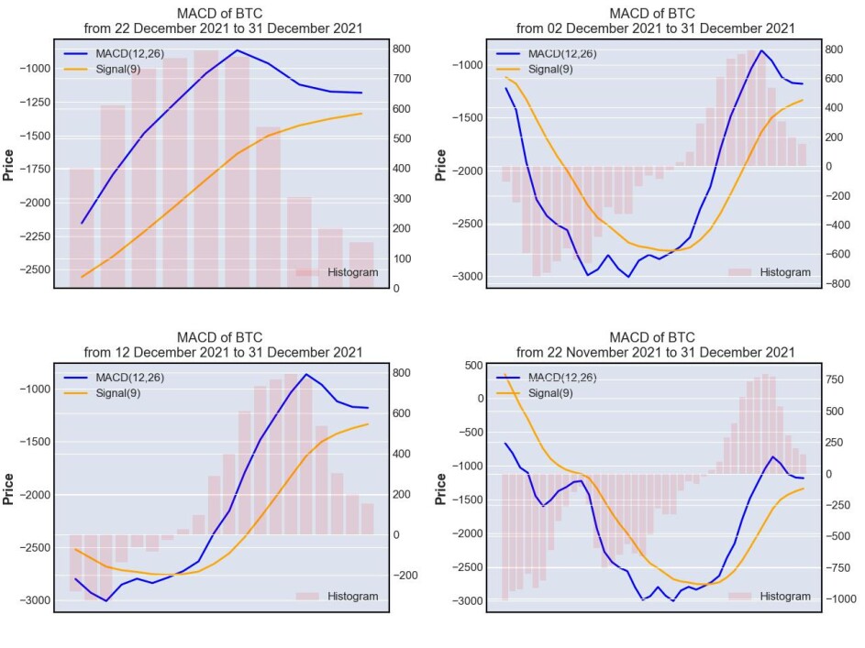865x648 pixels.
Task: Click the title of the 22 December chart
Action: click(223, 20)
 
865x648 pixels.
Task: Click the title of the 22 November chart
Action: click(655, 345)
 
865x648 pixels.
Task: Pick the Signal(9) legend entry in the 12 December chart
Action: click(103, 393)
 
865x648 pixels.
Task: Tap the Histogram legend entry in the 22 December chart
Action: click(337, 272)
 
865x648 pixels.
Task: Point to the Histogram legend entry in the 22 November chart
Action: click(770, 596)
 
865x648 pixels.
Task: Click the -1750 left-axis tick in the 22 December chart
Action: click(35, 169)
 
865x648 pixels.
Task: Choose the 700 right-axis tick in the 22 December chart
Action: click(402, 79)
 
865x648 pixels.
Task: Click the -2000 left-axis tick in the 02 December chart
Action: click(467, 170)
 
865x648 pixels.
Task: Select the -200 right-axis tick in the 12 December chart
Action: click(405, 576)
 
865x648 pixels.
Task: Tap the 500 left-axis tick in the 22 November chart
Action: click(474, 365)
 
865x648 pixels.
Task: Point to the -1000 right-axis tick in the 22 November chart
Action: click(841, 599)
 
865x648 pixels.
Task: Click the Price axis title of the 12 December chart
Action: click(7, 489)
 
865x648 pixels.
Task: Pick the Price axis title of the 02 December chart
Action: click(440, 165)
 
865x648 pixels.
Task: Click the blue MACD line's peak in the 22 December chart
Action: click(238, 50)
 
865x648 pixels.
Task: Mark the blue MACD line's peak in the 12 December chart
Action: click(306, 374)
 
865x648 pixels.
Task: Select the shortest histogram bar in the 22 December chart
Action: click(361, 265)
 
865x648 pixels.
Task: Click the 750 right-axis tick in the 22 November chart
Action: click(835, 379)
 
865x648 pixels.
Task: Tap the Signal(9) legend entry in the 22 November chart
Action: click(535, 393)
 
